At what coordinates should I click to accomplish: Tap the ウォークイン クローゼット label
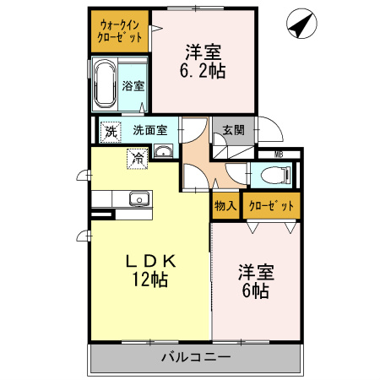click(x=119, y=31)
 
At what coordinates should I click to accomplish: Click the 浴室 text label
click(x=133, y=85)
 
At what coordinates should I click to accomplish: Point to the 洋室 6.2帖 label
click(x=204, y=61)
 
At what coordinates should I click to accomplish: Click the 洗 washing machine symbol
click(x=111, y=131)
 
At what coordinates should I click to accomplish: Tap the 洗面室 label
click(x=155, y=131)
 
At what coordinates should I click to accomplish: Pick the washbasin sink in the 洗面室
click(x=163, y=151)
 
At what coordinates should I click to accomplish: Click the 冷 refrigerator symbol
click(x=136, y=156)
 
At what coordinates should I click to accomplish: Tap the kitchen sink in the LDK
click(x=138, y=199)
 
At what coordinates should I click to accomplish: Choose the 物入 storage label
click(x=225, y=205)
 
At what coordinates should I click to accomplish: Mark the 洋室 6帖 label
click(x=256, y=281)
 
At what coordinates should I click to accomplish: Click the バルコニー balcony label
click(x=195, y=357)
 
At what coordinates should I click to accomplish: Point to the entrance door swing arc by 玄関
click(x=269, y=128)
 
